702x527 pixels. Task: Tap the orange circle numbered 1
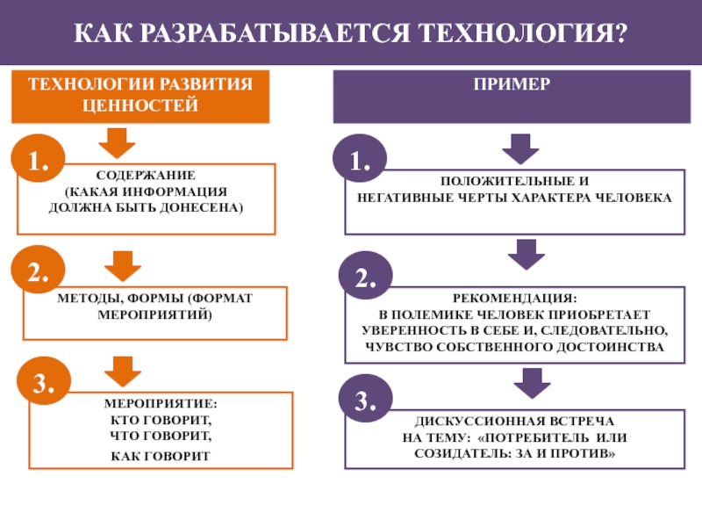38,158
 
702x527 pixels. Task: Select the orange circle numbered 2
38,270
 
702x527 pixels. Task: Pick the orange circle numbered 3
44,381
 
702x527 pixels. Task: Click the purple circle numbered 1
360,158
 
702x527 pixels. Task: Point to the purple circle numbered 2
365,276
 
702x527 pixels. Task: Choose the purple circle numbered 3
365,399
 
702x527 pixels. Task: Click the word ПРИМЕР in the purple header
512,84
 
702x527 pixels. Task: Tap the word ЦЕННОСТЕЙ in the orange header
140,105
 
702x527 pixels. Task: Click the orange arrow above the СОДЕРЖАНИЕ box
118,143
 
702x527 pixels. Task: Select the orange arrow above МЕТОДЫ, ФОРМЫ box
123,267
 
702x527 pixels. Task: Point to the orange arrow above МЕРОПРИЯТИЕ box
123,372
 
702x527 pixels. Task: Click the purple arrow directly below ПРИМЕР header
520,149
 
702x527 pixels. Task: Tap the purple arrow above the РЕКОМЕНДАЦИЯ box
526,255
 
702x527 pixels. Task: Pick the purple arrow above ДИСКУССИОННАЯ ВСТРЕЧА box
533,384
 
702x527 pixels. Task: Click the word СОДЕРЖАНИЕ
146,175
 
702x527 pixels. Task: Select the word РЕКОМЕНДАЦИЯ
515,298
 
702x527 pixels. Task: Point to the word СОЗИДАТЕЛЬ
463,453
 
